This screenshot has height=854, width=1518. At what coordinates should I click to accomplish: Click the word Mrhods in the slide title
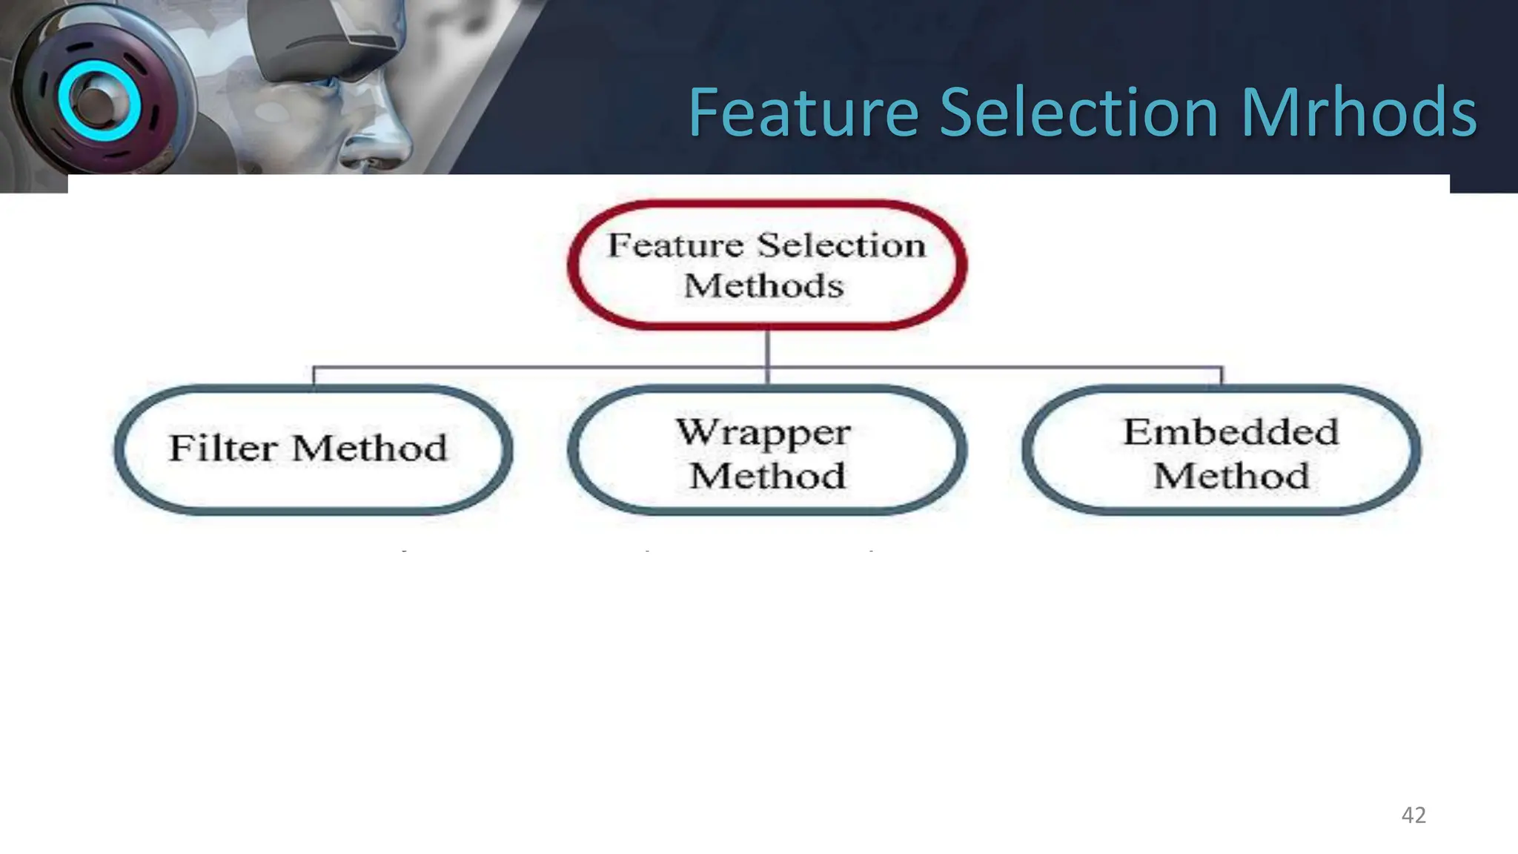(x=1359, y=113)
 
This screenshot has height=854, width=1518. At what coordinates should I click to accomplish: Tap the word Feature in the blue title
(x=803, y=113)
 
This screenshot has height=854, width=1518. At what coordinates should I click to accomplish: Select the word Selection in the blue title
(x=1079, y=113)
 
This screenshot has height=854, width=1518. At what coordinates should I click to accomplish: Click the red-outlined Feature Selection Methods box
(x=767, y=265)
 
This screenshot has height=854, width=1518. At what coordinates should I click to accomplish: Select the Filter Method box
(x=314, y=449)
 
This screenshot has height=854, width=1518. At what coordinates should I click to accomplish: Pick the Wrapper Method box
(x=767, y=449)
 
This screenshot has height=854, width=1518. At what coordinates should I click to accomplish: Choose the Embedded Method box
(x=1222, y=449)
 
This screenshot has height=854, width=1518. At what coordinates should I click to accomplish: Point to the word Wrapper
(x=763, y=432)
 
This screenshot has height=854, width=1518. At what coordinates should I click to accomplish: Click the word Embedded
(x=1231, y=432)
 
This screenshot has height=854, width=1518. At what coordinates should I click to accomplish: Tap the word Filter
(x=223, y=448)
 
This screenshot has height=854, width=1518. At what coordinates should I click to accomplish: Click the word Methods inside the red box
(x=763, y=286)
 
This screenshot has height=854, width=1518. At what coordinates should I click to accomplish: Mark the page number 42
(x=1413, y=815)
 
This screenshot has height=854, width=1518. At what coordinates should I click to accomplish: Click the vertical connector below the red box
(x=768, y=348)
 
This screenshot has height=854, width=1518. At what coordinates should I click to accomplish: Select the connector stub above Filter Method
(x=314, y=376)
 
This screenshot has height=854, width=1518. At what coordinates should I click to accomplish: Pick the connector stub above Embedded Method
(x=1222, y=376)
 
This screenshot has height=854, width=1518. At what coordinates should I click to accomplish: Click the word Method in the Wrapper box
(x=767, y=476)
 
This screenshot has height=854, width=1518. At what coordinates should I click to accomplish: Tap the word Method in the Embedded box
(x=1231, y=476)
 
